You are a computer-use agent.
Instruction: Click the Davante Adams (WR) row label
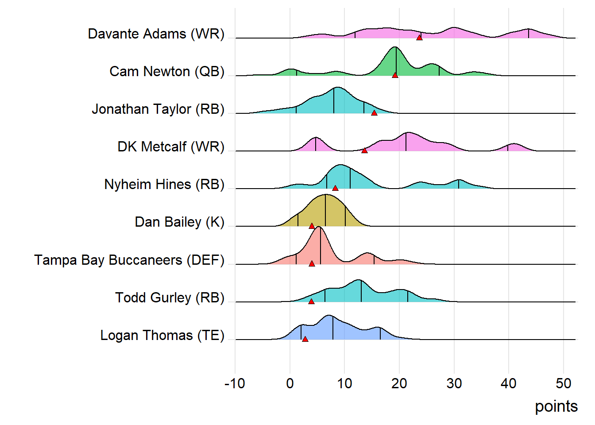coord(156,34)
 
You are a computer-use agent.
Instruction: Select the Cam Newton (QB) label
coord(167,72)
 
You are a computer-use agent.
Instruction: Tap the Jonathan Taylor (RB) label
coord(158,109)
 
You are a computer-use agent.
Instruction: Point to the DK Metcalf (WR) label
coord(171,147)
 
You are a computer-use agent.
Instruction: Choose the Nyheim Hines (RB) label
coord(164,185)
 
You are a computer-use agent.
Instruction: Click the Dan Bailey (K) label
coord(179,222)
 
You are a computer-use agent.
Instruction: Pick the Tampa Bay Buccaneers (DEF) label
coord(129,260)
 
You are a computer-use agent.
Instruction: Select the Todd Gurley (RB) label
coord(170,298)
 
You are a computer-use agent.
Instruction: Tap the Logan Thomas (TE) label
coord(162,336)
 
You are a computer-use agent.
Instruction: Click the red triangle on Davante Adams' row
coord(419,38)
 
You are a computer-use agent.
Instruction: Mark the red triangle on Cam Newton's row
coord(395,75)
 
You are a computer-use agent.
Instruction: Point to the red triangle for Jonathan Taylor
coord(374,113)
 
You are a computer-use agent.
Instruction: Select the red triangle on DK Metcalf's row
coord(364,151)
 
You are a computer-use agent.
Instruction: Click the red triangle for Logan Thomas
coord(305,339)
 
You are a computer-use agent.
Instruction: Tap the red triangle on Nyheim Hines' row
coord(335,189)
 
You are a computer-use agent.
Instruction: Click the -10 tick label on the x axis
coord(235,383)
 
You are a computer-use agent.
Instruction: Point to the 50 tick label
coord(563,383)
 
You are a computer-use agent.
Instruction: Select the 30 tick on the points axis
coord(454,383)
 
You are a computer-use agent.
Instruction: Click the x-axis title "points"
coord(556,406)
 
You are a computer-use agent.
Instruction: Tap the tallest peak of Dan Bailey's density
coord(325,195)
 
